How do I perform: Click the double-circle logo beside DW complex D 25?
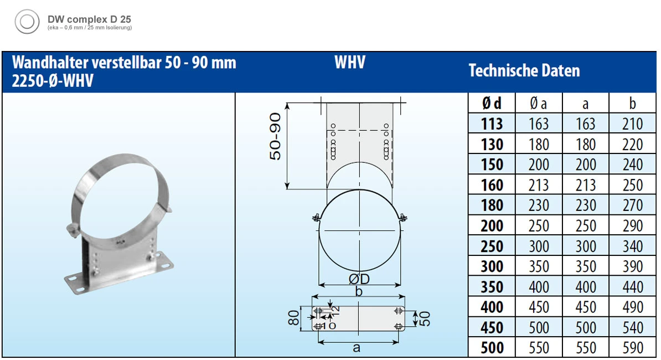(27, 22)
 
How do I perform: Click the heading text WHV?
(350, 63)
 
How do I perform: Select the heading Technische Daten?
(524, 71)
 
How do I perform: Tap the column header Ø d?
(492, 103)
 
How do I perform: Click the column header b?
(632, 103)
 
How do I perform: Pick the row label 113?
(492, 124)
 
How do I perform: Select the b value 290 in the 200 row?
(632, 226)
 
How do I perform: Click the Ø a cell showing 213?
(539, 185)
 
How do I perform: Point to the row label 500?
(492, 348)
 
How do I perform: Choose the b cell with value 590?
(632, 348)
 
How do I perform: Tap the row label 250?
(492, 246)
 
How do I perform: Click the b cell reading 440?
(632, 287)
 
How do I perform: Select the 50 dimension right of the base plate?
(425, 318)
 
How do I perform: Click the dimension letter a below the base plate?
(357, 348)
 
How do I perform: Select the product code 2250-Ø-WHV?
(53, 81)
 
